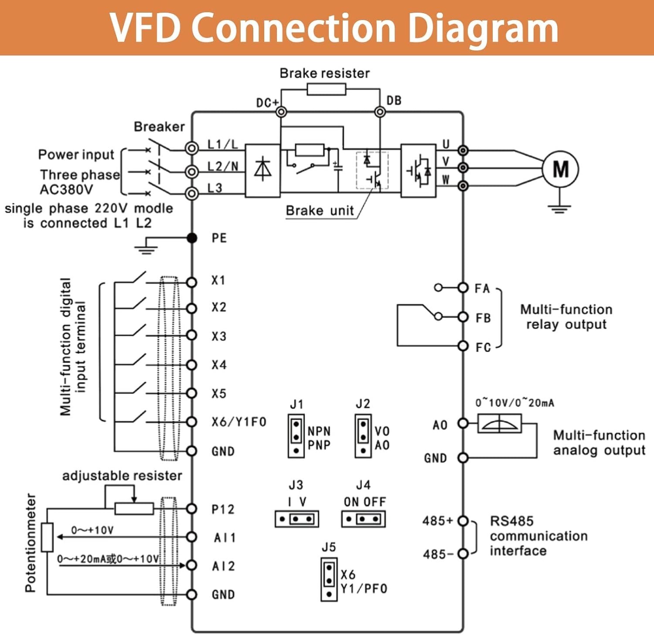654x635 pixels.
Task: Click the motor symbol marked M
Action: pyautogui.click(x=560, y=169)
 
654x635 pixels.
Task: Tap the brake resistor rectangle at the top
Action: pyautogui.click(x=326, y=90)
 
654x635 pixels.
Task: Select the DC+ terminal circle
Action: pyautogui.click(x=281, y=112)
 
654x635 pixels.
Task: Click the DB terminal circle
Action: pyautogui.click(x=380, y=112)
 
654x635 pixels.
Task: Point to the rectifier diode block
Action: pyautogui.click(x=262, y=170)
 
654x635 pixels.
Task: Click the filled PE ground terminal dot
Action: pyautogui.click(x=192, y=238)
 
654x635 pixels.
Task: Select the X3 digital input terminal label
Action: pyautogui.click(x=219, y=336)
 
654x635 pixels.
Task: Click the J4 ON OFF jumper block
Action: pyautogui.click(x=363, y=519)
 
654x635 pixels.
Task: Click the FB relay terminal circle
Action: pyautogui.click(x=463, y=317)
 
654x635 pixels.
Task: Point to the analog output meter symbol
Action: pyautogui.click(x=499, y=424)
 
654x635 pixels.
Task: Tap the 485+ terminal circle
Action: pyautogui.click(x=463, y=521)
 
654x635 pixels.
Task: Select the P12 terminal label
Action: pyautogui.click(x=223, y=509)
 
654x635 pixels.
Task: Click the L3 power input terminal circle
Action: pyautogui.click(x=191, y=193)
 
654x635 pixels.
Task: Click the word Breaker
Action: pyautogui.click(x=159, y=127)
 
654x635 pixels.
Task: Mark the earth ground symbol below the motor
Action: pyautogui.click(x=559, y=208)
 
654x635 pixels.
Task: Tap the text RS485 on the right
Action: pyautogui.click(x=511, y=521)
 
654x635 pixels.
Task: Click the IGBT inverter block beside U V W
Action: pyautogui.click(x=418, y=170)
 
